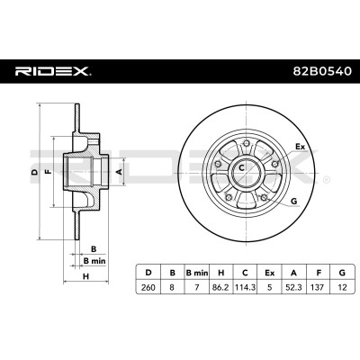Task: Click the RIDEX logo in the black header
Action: click(x=53, y=71)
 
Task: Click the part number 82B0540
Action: click(x=321, y=71)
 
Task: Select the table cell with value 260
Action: click(x=148, y=287)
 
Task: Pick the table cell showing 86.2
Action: click(x=220, y=287)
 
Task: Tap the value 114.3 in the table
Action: click(x=246, y=287)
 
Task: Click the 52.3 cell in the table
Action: click(x=293, y=287)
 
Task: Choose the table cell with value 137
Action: click(x=318, y=287)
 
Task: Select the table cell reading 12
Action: click(x=342, y=287)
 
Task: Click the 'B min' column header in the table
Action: click(x=197, y=273)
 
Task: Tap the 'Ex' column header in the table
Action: click(x=269, y=273)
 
